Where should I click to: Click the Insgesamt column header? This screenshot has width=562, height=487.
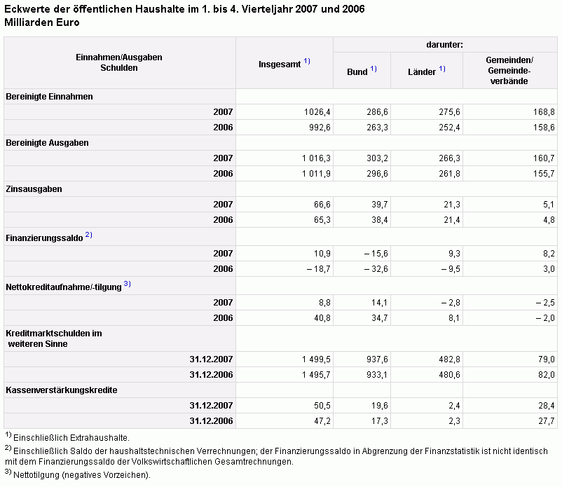coord(280,64)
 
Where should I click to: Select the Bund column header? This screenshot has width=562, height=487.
coord(357,72)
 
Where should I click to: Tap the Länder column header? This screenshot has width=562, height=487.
coord(422,72)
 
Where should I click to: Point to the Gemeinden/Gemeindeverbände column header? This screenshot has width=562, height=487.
coord(509,71)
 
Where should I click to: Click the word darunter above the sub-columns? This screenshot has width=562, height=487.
coord(444,45)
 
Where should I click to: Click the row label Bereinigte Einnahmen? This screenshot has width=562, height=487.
coord(50,97)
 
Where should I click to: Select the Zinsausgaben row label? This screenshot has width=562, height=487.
coord(34,189)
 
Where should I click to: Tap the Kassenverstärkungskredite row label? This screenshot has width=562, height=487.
coord(61,390)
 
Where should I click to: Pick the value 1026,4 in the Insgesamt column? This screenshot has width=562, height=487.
coord(317,112)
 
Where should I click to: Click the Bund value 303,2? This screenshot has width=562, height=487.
coord(377,158)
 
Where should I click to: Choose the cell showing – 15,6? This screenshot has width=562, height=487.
coord(376,254)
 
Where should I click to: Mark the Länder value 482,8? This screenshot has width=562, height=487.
coord(449,359)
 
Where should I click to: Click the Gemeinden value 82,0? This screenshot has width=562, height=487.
coord(547,375)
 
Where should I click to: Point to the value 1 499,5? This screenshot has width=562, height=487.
coord(316,359)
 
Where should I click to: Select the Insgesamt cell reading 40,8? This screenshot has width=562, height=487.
coord(322,318)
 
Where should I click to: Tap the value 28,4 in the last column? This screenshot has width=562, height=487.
coord(547,406)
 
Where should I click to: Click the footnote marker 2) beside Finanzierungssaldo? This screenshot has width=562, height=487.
coord(88,235)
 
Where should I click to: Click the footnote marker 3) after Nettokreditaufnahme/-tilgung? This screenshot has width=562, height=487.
coord(128,284)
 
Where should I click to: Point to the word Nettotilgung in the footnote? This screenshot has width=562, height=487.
coord(36,475)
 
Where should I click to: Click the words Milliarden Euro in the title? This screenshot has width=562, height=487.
coord(42,22)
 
